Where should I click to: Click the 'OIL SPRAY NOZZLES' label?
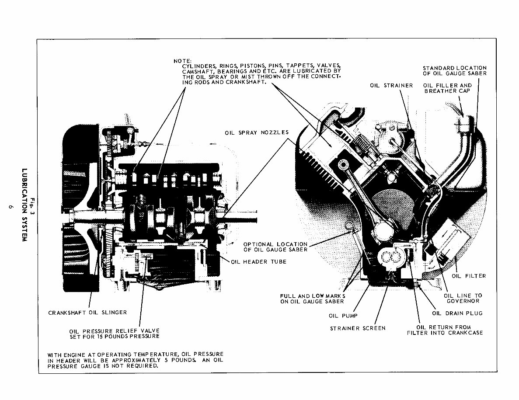[x=257, y=132]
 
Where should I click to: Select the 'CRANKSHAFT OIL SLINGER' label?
[x=87, y=312]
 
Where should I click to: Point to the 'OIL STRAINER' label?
[x=391, y=85]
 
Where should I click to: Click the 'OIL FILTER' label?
[x=469, y=276]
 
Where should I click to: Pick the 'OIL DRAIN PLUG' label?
[x=457, y=313]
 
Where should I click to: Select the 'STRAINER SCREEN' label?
[x=358, y=328]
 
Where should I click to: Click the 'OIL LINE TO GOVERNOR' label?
[x=463, y=298]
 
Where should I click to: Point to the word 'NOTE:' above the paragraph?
[x=182, y=60]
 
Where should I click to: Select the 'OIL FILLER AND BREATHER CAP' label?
[x=448, y=88]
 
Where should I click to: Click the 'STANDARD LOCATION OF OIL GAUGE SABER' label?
[x=454, y=70]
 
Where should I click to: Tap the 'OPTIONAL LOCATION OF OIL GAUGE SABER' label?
[x=275, y=247]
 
